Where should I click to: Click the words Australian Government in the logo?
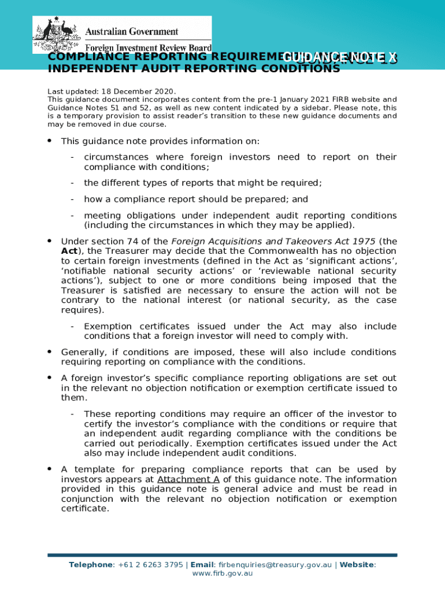(x=132, y=32)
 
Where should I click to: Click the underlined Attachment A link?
(x=188, y=479)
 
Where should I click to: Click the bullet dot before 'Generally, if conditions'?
(x=50, y=351)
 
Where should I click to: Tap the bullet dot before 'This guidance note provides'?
(x=50, y=140)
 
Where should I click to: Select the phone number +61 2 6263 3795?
(x=150, y=564)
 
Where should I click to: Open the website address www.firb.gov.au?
(x=222, y=573)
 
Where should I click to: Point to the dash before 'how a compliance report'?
(x=72, y=199)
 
